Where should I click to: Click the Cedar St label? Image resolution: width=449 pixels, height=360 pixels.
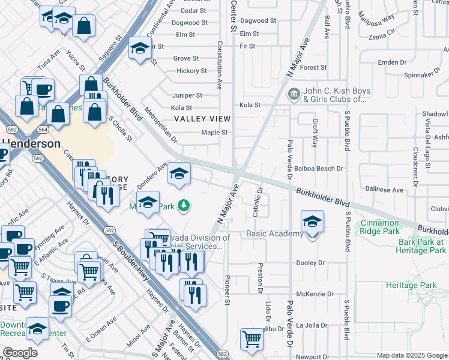click(x=193, y=11)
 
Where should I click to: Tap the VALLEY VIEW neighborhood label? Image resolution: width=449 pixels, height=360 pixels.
click(x=202, y=119)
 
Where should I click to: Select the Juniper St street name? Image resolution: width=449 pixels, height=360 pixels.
click(x=187, y=95)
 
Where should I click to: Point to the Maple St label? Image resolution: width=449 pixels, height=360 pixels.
click(x=215, y=133)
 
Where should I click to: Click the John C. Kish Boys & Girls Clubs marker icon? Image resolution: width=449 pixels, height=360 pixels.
click(x=294, y=93)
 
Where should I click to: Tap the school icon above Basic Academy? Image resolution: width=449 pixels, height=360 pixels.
click(x=312, y=221)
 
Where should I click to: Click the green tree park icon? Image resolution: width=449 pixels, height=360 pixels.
click(x=184, y=206)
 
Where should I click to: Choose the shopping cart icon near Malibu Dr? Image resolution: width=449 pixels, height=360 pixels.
click(x=252, y=340)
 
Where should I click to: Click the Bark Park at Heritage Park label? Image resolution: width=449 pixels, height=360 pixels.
click(x=421, y=246)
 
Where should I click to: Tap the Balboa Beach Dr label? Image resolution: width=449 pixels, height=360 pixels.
click(x=323, y=169)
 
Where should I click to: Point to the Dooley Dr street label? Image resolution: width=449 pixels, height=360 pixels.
click(x=310, y=263)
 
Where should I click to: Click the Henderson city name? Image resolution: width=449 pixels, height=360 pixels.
click(x=31, y=144)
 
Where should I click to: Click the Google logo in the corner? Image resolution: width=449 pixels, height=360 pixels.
click(x=20, y=353)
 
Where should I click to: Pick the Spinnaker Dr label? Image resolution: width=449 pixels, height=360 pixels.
click(x=418, y=76)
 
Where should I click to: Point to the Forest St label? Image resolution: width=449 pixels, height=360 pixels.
click(x=313, y=68)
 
